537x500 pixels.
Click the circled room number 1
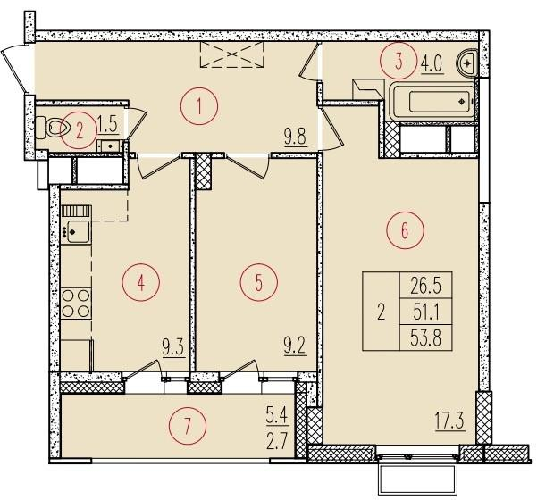(x=199, y=106)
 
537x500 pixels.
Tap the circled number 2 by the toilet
(x=80, y=130)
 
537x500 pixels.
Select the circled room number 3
(x=399, y=62)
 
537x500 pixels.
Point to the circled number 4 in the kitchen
(x=141, y=282)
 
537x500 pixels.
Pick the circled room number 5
(x=259, y=282)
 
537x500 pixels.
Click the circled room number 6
(x=405, y=230)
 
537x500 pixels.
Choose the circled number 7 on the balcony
(x=188, y=426)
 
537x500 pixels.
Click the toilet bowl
(x=54, y=128)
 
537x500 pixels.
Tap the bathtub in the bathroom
(x=432, y=101)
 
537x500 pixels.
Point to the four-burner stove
(x=76, y=304)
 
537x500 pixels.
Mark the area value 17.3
(x=449, y=421)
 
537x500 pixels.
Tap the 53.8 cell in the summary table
(x=426, y=337)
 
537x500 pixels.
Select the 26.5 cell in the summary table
(x=426, y=286)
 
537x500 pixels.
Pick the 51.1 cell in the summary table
(x=426, y=312)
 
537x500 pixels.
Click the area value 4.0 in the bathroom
(x=432, y=64)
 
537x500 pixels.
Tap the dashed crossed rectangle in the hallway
(x=232, y=54)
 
